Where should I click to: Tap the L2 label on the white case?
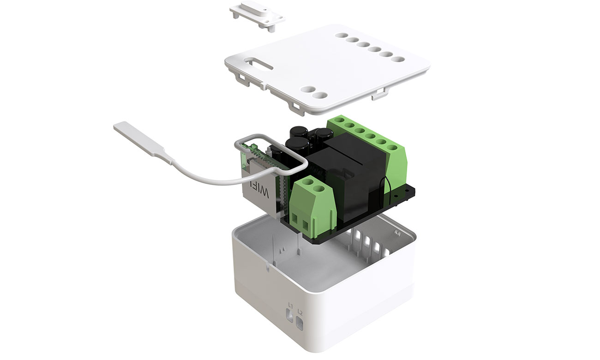300,312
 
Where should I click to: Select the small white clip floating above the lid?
257,16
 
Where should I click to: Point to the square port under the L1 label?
289,316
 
